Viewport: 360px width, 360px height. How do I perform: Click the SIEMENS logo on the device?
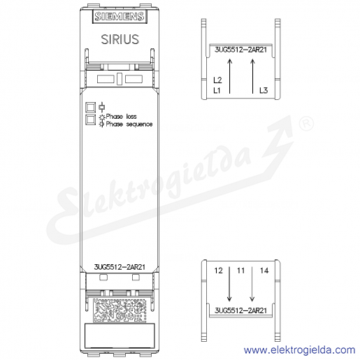coord(120,17)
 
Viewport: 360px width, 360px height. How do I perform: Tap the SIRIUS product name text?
coord(120,39)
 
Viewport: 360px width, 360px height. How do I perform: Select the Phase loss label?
coord(121,116)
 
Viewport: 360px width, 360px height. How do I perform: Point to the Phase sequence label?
coord(129,124)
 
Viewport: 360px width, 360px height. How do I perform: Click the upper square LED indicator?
coord(90,108)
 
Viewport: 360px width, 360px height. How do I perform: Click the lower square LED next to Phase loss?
coord(90,120)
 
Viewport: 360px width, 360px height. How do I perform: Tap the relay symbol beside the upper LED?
coord(102,107)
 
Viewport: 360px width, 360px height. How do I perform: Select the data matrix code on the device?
coord(120,310)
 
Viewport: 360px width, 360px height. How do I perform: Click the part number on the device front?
coord(120,267)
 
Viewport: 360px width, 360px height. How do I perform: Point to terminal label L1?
coord(217,90)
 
